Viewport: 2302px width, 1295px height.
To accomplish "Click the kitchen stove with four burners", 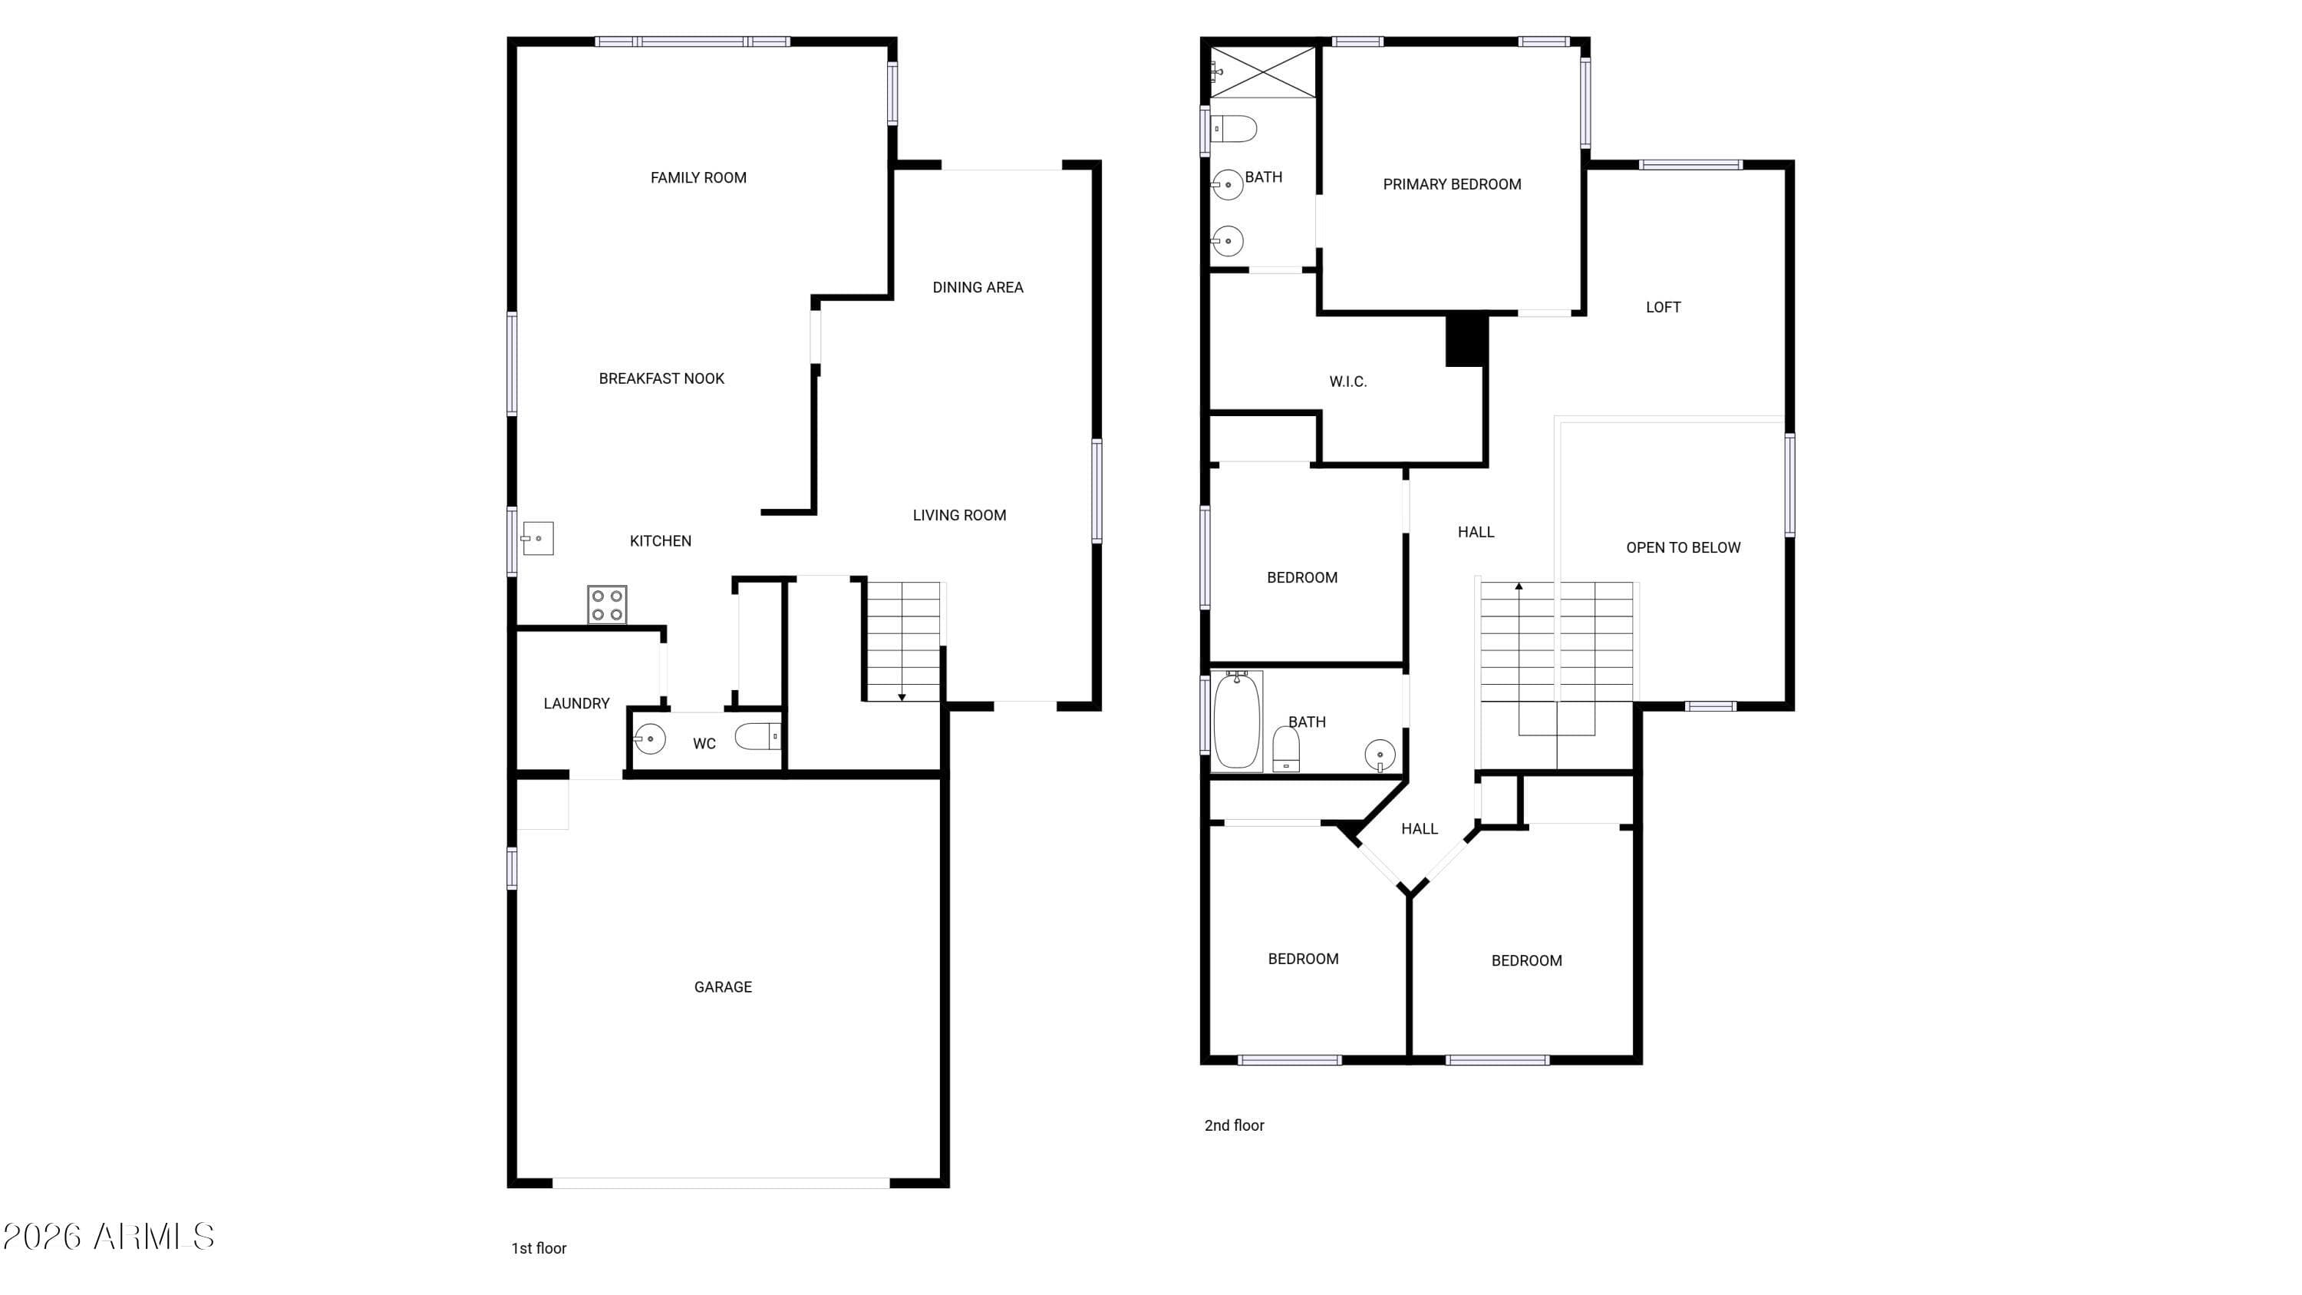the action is coord(607,604).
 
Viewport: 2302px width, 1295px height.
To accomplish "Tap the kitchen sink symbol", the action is coord(537,538).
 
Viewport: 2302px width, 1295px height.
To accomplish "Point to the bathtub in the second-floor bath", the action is coord(1237,720).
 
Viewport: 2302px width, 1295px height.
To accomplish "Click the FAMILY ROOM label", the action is coord(699,178).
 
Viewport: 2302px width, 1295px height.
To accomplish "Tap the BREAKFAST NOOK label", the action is coord(661,379).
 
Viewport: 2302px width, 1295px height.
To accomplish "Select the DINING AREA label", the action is coord(978,288).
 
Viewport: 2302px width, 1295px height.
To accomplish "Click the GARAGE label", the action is coord(723,987).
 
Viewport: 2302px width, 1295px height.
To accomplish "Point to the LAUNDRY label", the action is coord(576,704).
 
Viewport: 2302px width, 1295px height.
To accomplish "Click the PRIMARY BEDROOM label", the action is coord(1452,185).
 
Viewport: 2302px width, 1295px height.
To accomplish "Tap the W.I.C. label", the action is coord(1347,382).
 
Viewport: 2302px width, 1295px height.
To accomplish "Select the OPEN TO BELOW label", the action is coord(1683,548).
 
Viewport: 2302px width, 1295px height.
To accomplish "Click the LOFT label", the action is coord(1663,308).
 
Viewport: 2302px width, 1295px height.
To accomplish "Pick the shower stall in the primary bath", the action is coord(1263,72).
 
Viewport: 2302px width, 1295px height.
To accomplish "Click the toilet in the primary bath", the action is coord(1233,130).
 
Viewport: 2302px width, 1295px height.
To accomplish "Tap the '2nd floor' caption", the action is coord(1234,1126).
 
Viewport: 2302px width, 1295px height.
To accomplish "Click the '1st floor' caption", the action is coord(539,1248).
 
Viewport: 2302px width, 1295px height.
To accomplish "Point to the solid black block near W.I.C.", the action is coord(1466,339).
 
